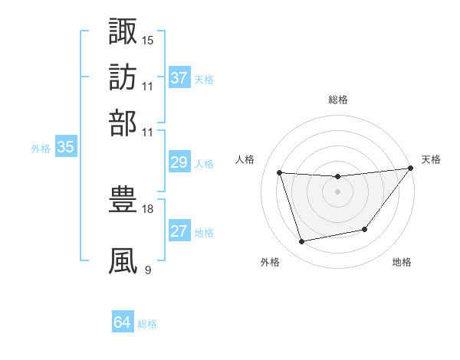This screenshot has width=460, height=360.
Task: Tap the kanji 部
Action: [123, 122]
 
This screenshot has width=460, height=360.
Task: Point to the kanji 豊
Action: [123, 198]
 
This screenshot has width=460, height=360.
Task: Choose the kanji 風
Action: [123, 260]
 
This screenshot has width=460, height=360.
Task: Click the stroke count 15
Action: [148, 39]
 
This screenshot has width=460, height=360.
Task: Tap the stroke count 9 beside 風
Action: [147, 270]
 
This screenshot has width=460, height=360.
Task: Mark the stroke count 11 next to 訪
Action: [148, 86]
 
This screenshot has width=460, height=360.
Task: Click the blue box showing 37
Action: [179, 78]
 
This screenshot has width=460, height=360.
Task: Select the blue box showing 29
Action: [179, 162]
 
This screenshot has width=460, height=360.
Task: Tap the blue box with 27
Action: [179, 231]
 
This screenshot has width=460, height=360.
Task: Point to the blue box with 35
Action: [65, 148]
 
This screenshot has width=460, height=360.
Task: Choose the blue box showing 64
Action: [123, 322]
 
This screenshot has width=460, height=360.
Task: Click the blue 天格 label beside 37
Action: [204, 79]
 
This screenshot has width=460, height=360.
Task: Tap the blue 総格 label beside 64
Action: [147, 323]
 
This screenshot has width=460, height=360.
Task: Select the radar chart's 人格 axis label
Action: [245, 159]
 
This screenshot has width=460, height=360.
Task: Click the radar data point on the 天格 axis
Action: [410, 169]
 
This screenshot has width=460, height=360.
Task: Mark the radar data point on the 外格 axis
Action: [301, 242]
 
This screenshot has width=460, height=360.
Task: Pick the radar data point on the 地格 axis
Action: [365, 229]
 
